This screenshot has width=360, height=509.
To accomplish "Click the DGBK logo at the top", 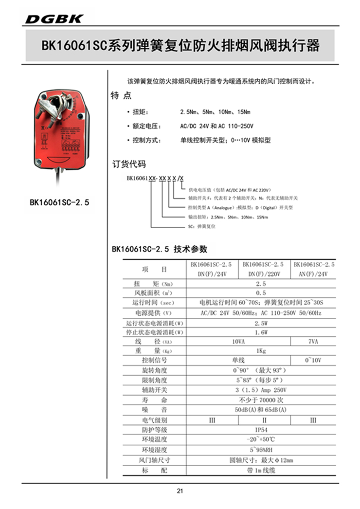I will pyautogui.click(x=54, y=19).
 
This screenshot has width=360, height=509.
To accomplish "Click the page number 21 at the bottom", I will pyautogui.click(x=180, y=491).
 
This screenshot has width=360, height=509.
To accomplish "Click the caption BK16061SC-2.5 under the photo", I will pyautogui.click(x=60, y=201).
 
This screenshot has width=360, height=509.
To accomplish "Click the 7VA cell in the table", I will pyautogui.click(x=313, y=342).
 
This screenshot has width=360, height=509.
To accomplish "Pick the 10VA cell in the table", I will pyautogui.click(x=238, y=342).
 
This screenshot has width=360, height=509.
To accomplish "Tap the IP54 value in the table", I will pyautogui.click(x=261, y=430).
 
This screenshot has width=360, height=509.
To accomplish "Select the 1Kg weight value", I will pyautogui.click(x=261, y=351).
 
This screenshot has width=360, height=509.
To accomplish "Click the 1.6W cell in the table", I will pyautogui.click(x=261, y=332).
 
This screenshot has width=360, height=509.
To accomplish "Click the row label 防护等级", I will pyautogui.click(x=154, y=430).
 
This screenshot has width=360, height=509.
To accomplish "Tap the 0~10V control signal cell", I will pyautogui.click(x=313, y=361).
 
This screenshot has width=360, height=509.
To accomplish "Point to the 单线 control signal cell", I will pyautogui.click(x=238, y=361).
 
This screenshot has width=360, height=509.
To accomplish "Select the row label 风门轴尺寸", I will pyautogui.click(x=154, y=460).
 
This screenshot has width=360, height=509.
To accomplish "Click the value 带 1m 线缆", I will pyautogui.click(x=261, y=470).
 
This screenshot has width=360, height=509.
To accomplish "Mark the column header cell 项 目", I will pyautogui.click(x=154, y=269).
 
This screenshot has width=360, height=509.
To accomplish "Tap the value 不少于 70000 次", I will pyautogui.click(x=261, y=400).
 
